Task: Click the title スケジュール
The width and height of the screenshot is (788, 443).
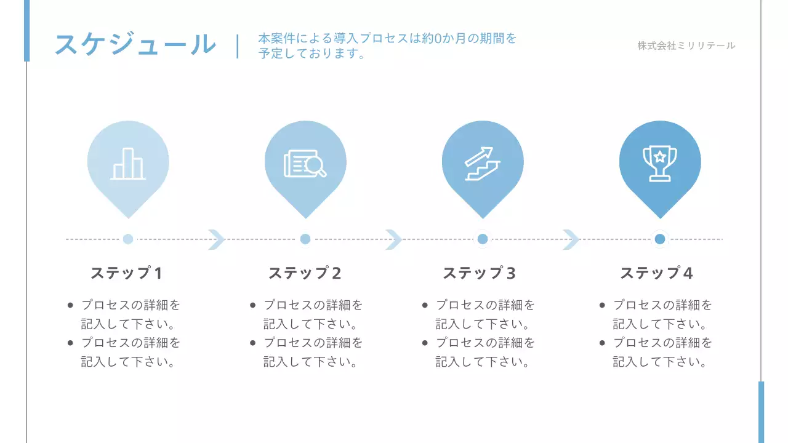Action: tap(135, 45)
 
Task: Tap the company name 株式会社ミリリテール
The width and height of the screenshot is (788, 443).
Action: tap(686, 46)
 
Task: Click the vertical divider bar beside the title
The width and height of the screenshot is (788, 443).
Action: tap(238, 46)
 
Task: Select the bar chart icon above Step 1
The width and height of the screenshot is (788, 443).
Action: tap(128, 164)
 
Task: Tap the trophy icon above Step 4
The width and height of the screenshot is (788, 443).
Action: tap(659, 164)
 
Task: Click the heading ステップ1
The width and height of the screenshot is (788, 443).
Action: tap(127, 273)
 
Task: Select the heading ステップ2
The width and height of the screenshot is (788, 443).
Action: tap(305, 273)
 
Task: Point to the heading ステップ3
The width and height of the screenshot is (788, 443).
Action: tap(480, 273)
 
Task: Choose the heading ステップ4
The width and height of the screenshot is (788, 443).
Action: tap(657, 273)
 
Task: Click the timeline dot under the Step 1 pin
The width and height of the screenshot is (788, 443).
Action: tap(128, 239)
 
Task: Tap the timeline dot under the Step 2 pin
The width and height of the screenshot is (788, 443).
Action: tap(305, 239)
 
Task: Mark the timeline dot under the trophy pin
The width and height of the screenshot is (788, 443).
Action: tap(660, 239)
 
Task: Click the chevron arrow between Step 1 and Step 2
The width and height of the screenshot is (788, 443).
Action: tap(217, 239)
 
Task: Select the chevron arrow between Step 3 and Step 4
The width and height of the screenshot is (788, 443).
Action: tap(571, 239)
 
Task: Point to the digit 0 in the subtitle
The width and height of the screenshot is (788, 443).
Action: tap(438, 39)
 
